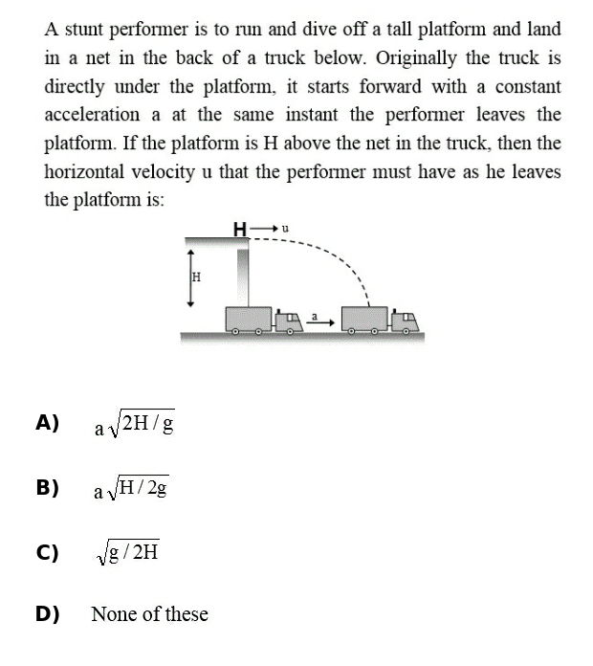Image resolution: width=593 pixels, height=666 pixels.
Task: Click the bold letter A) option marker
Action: pyautogui.click(x=48, y=423)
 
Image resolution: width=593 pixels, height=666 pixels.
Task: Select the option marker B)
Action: pyautogui.click(x=48, y=488)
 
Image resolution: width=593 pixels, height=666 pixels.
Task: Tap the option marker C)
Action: pyautogui.click(x=48, y=552)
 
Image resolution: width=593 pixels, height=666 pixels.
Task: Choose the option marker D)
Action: pyautogui.click(x=48, y=613)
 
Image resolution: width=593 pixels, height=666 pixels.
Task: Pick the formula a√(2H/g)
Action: pyautogui.click(x=133, y=424)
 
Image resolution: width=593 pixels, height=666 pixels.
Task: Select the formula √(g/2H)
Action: pyautogui.click(x=126, y=553)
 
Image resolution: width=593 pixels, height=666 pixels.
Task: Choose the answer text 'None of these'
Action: pyautogui.click(x=149, y=614)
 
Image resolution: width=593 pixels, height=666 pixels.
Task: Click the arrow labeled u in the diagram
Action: pyautogui.click(x=269, y=228)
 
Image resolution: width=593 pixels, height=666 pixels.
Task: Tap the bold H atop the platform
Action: pyautogui.click(x=240, y=228)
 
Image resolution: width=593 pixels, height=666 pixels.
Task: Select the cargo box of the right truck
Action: pyautogui.click(x=364, y=319)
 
